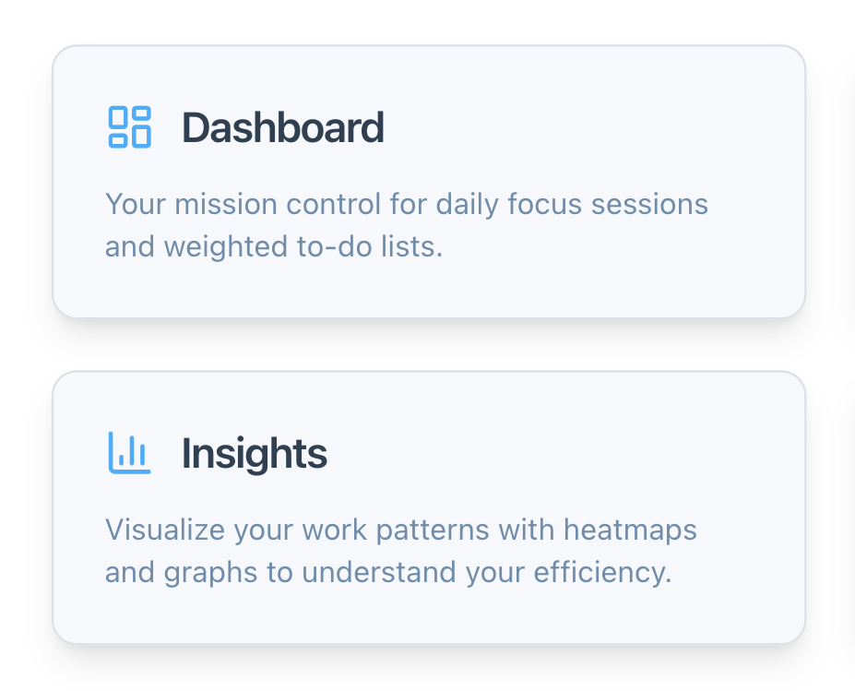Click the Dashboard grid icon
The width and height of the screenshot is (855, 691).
point(129,127)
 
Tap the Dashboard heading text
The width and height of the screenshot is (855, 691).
point(282,127)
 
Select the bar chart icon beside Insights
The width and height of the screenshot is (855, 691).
point(129,453)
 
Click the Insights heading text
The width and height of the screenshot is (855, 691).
point(254,453)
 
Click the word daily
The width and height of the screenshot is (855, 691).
point(468,204)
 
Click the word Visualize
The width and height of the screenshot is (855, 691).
point(164,530)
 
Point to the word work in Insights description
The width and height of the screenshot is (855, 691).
point(318,530)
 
